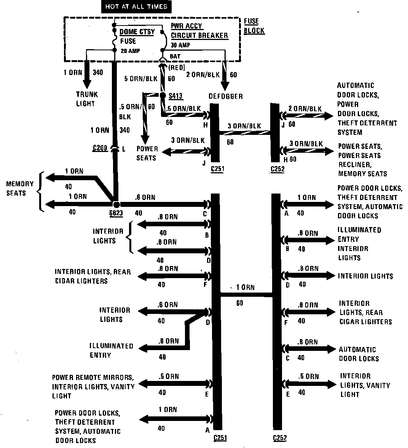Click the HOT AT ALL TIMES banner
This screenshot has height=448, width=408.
click(x=136, y=7)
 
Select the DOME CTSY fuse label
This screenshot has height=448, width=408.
click(x=137, y=32)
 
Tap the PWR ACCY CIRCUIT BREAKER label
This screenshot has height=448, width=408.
click(x=199, y=31)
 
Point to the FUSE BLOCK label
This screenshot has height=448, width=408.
click(x=253, y=26)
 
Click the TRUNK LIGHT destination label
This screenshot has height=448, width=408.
click(x=86, y=99)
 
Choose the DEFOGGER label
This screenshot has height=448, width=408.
click(x=225, y=96)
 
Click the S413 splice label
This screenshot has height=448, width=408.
click(x=176, y=96)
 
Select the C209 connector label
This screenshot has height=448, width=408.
click(x=100, y=148)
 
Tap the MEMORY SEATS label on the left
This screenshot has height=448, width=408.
click(x=20, y=188)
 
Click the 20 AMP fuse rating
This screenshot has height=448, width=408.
click(x=130, y=51)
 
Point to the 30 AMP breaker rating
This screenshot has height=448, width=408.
click(x=180, y=45)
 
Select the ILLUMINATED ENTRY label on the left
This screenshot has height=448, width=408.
click(x=111, y=350)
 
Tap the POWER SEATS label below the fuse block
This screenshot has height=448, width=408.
click(x=147, y=153)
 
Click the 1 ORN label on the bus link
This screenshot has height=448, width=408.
click(x=245, y=288)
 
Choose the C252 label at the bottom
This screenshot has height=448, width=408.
click(x=280, y=438)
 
